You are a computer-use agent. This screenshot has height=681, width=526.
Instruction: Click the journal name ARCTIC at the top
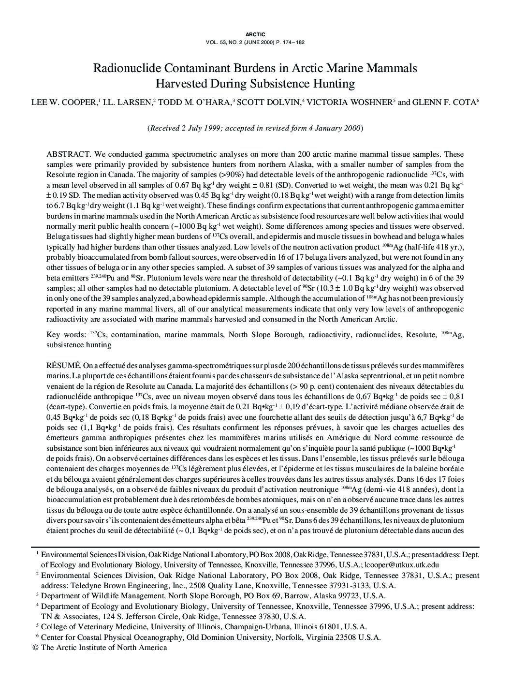click(x=255, y=34)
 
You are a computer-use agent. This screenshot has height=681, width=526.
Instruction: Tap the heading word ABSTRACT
click(x=68, y=154)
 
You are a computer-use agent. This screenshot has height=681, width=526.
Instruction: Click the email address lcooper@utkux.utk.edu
click(x=402, y=564)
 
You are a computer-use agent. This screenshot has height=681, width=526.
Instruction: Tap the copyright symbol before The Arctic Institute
click(x=34, y=648)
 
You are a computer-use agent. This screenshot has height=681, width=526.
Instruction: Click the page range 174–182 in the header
click(x=293, y=42)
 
